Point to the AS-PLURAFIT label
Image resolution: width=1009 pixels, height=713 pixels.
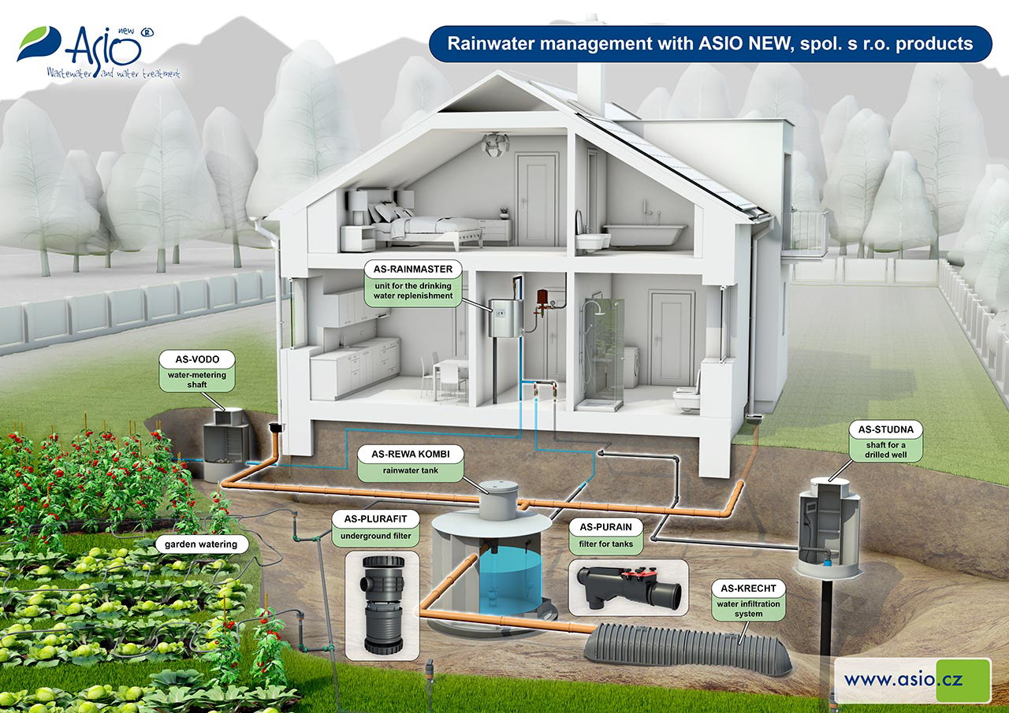(x=377, y=519)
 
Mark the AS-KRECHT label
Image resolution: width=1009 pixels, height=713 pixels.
(x=748, y=589)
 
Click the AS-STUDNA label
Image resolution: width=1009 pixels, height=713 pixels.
(x=885, y=431)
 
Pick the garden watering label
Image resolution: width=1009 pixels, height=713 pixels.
(x=201, y=544)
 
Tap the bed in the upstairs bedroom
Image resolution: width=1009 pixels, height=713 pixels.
(x=426, y=225)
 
